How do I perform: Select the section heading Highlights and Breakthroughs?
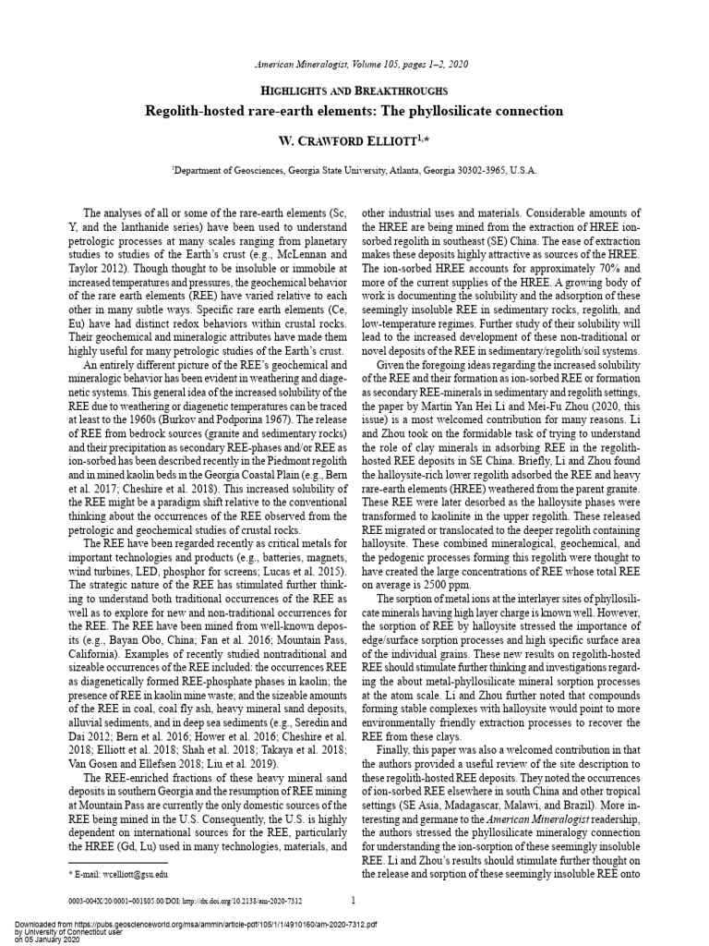click(x=354, y=91)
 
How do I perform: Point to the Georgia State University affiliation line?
click(x=354, y=171)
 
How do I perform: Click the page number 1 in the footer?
click(x=354, y=899)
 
